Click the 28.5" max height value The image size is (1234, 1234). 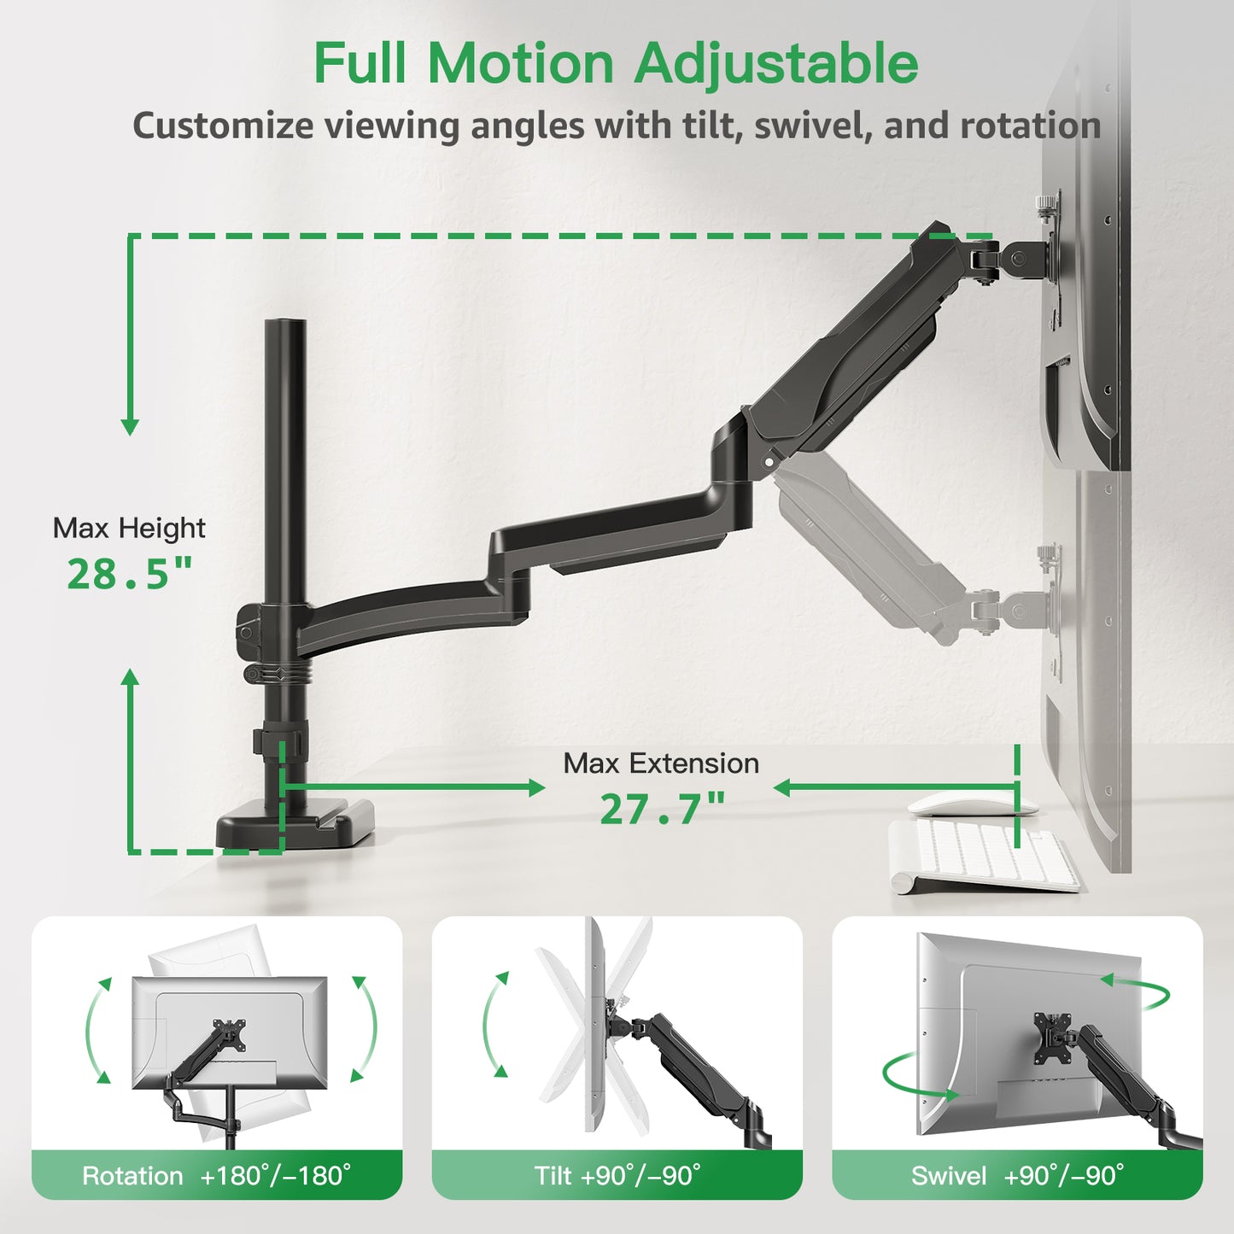(130, 575)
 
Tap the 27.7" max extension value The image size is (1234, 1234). (662, 810)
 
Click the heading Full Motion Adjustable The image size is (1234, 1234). (616, 63)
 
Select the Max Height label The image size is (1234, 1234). (129, 529)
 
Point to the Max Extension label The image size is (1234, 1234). (661, 763)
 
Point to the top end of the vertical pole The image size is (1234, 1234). (284, 325)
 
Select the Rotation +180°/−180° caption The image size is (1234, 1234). (217, 1176)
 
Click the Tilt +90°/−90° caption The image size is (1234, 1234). (617, 1176)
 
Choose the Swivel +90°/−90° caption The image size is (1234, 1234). (1017, 1176)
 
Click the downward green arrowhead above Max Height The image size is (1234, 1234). (130, 426)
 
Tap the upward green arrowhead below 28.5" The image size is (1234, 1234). (130, 677)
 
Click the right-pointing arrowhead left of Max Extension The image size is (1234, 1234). (537, 787)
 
